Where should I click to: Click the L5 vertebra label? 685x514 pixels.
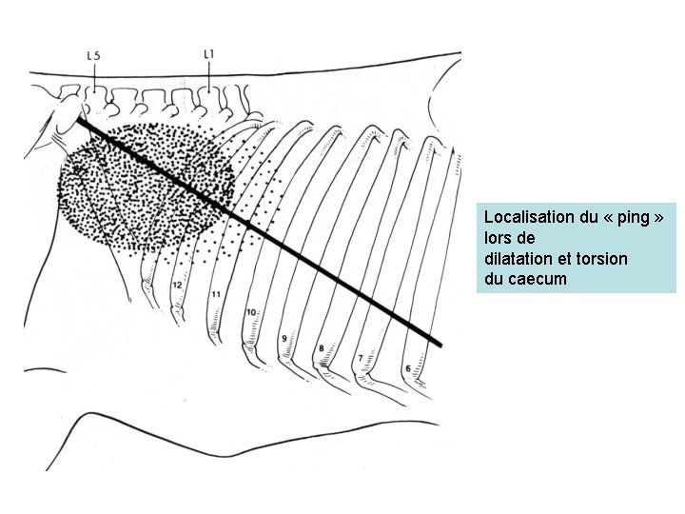coord(94,55)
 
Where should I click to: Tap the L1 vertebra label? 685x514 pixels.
coord(208,54)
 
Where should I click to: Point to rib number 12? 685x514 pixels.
coord(177,284)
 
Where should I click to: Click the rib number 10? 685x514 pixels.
coord(251,311)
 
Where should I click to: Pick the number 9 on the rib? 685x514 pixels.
coord(285,338)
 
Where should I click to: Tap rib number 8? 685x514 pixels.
coord(322,348)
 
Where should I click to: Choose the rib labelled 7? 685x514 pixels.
coord(360,357)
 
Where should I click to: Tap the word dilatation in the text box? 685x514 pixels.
coord(515,258)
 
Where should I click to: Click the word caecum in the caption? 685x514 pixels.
coord(538,279)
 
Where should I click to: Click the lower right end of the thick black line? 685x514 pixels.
coord(440,343)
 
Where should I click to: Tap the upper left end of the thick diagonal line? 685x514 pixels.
coord(81,120)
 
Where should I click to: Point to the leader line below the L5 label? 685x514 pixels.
coord(94,76)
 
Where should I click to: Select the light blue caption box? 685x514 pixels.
coord(576,247)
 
